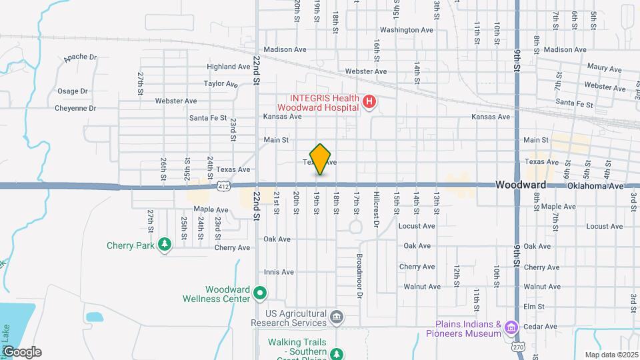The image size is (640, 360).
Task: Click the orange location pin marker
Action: coord(321,159)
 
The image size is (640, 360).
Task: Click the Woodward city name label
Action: coord(521,185)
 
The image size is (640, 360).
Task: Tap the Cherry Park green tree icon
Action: coord(165,245)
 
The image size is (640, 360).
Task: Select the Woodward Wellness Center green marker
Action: coord(261,293)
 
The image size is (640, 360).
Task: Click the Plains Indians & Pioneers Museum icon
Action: coord(511,327)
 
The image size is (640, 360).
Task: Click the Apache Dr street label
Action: coord(81,58)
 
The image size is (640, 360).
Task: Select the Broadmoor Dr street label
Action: coord(359,275)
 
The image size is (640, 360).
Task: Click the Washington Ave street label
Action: coord(407,30)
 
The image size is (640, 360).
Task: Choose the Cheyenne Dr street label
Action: coord(75,108)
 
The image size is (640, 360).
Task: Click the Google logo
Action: coord(21,352)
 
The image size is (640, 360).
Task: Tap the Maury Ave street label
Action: coord(605,67)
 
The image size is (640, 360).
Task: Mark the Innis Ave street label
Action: coord(279,272)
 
